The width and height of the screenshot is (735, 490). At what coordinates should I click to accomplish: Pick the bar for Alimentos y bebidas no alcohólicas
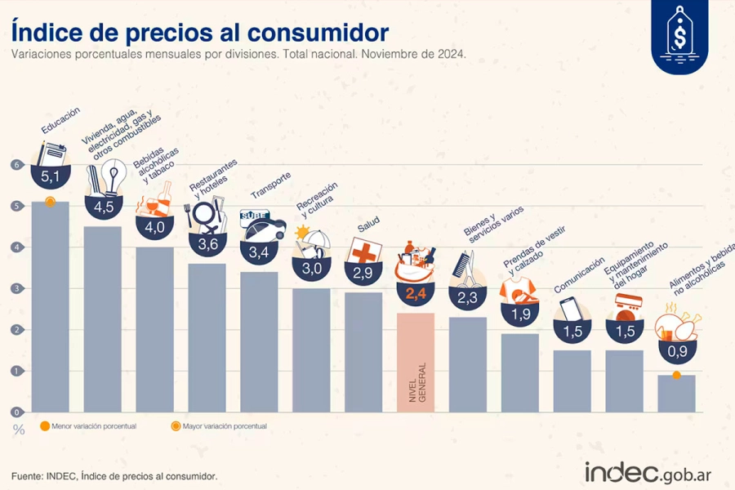click(676, 393)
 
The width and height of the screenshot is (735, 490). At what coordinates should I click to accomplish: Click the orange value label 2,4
click(416, 290)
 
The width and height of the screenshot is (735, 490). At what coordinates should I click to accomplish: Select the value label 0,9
click(677, 352)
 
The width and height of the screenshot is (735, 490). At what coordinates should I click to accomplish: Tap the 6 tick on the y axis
click(16, 164)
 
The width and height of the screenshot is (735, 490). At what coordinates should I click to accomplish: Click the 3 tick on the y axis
click(16, 288)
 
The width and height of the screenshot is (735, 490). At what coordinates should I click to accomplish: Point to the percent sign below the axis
click(18, 430)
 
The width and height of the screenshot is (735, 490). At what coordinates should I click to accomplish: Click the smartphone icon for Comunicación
click(572, 310)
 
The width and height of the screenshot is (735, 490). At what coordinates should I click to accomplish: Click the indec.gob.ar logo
click(649, 472)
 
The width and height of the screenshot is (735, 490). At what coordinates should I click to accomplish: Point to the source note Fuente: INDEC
click(114, 476)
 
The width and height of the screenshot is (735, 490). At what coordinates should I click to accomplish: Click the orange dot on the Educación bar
click(50, 201)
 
